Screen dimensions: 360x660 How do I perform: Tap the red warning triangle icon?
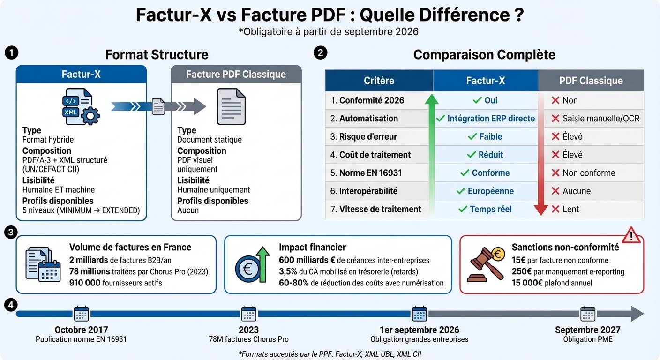pyautogui.click(x=631, y=234)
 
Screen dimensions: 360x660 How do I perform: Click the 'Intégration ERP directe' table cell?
pyautogui.click(x=486, y=119)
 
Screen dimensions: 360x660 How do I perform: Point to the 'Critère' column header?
pyautogui.click(x=379, y=81)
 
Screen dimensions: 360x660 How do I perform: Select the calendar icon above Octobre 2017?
pyautogui.click(x=81, y=314)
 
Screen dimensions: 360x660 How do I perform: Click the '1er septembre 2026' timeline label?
pyautogui.click(x=419, y=330)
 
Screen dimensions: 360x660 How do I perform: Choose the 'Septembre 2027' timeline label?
pyautogui.click(x=587, y=330)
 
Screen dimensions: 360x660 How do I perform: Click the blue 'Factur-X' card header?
pyautogui.click(x=82, y=74)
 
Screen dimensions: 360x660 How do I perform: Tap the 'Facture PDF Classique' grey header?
pyautogui.click(x=236, y=74)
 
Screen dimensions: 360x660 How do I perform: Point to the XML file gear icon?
pyautogui.click(x=78, y=107)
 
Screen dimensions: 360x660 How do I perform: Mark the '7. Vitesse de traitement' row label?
pyautogui.click(x=376, y=209)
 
